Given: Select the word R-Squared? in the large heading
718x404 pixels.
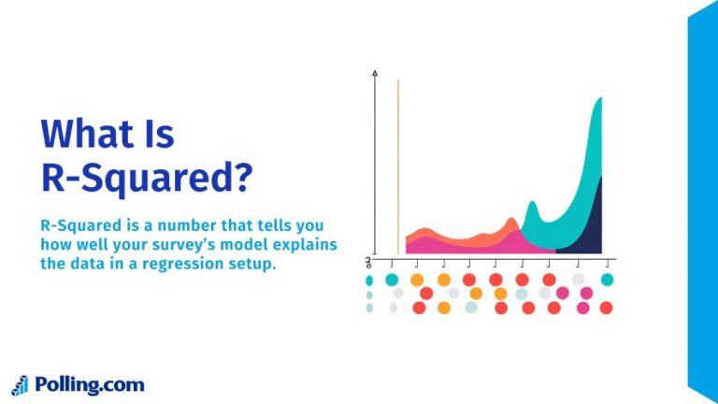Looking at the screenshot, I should coord(147,179).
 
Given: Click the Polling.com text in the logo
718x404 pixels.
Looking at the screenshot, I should coord(90,384).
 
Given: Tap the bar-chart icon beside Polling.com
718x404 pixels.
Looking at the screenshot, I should coord(21,384).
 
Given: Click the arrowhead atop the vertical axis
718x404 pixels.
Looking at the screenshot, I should coord(375,72).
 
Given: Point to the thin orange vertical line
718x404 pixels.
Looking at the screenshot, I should coord(398,168).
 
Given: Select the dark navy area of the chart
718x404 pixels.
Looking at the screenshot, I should coord(587,224).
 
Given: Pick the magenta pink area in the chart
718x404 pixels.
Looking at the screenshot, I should coord(467,246).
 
